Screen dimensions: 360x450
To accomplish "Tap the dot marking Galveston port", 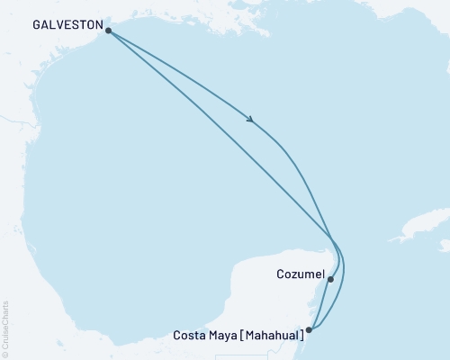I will tap(109, 31).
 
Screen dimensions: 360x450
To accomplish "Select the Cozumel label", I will tap(298, 273).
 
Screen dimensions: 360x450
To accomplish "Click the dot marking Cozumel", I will tap(331, 279).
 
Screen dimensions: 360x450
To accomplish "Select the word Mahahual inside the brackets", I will tap(271, 336).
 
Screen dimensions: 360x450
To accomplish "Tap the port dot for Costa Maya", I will tap(310, 329).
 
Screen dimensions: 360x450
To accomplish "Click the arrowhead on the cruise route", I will tap(249, 120).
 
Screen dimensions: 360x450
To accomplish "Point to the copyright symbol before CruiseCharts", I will tap(6, 354).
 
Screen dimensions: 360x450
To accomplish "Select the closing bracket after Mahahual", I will tap(301, 336).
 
